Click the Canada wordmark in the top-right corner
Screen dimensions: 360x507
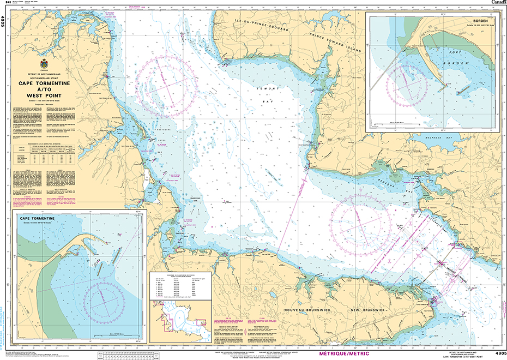click(497, 3)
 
